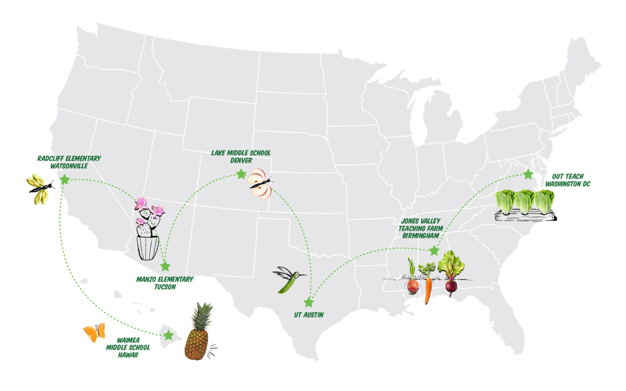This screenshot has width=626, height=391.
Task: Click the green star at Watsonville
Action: pyautogui.click(x=64, y=179)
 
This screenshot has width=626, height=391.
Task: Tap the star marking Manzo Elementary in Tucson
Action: pyautogui.click(x=165, y=266)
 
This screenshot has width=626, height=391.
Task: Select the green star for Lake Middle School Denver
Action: pyautogui.click(x=241, y=174)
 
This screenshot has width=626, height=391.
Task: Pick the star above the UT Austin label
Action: pyautogui.click(x=309, y=303)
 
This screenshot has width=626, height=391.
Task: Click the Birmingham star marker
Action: pyautogui.click(x=434, y=250)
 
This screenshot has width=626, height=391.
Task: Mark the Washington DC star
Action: pyautogui.click(x=528, y=174)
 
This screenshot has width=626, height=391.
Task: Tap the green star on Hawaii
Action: pyautogui.click(x=168, y=336)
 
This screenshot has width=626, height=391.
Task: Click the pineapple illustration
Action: pyautogui.click(x=197, y=334)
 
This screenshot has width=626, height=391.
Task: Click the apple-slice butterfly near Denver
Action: pyautogui.click(x=260, y=184)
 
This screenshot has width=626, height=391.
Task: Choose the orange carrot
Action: pyautogui.click(x=428, y=289)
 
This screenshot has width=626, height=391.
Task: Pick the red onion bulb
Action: pyautogui.click(x=413, y=286)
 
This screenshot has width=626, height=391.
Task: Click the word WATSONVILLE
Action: pyautogui.click(x=69, y=166)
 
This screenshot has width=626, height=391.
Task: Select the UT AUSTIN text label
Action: pyautogui.click(x=309, y=315)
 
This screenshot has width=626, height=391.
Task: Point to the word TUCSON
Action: pyautogui.click(x=165, y=287)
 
